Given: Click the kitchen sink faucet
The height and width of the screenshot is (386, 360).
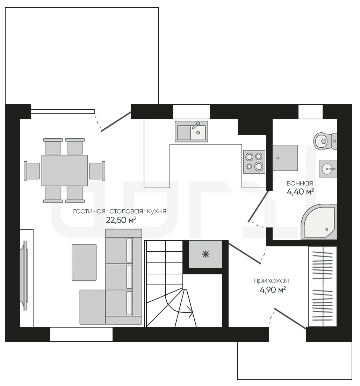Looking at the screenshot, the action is (x=196, y=125).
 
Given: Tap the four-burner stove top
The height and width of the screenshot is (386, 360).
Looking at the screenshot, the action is (x=254, y=162).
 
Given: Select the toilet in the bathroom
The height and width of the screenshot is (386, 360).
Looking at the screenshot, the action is (x=325, y=141).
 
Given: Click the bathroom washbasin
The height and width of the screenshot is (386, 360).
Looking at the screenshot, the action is (x=328, y=169).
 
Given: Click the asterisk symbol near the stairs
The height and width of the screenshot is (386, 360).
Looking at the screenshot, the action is (x=206, y=254).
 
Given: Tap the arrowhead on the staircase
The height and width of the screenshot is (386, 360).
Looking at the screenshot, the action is (x=190, y=312).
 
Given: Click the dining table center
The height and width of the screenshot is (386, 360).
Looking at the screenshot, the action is (x=64, y=170).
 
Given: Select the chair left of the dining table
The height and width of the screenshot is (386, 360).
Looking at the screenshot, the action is (x=32, y=171).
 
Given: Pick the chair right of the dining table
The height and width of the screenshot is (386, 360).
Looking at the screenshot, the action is (x=97, y=171).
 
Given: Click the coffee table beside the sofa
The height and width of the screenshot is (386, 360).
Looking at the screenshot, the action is (x=84, y=262).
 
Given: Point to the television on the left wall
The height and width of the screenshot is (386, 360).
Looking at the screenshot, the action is (x=25, y=275).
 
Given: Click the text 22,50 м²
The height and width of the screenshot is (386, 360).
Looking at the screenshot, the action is (x=121, y=220).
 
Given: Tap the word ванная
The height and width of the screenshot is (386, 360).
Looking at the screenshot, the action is (x=300, y=183).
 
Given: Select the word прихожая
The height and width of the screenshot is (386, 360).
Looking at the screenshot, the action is (x=271, y=281).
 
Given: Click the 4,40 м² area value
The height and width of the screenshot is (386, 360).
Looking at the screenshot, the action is (x=300, y=191).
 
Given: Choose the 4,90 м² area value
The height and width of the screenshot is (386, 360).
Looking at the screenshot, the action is (x=273, y=290).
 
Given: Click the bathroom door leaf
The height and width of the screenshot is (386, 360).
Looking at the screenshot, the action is (x=258, y=206).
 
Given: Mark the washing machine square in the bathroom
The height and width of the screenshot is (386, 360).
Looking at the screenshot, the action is (x=285, y=158).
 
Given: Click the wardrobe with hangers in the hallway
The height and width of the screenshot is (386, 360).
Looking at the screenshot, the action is (x=323, y=286).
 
